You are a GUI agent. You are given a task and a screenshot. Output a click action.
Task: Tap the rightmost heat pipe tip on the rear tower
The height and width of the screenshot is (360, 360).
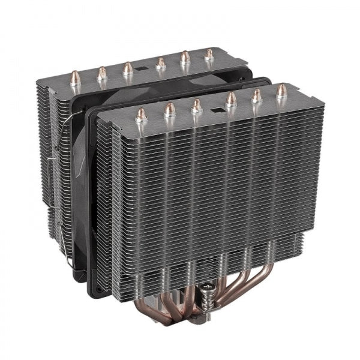tap(209, 55)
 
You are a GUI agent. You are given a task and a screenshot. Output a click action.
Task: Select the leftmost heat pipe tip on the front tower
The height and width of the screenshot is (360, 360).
tap(142, 114)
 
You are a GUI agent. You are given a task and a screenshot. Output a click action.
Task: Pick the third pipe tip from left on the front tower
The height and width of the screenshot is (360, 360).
tap(196, 105)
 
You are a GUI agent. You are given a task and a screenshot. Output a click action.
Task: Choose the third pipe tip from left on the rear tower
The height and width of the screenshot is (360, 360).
tap(128, 68)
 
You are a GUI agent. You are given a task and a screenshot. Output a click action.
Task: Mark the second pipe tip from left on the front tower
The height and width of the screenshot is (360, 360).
tap(170, 110)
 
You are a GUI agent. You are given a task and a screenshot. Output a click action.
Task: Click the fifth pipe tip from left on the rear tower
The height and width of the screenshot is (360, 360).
tap(185, 58)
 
